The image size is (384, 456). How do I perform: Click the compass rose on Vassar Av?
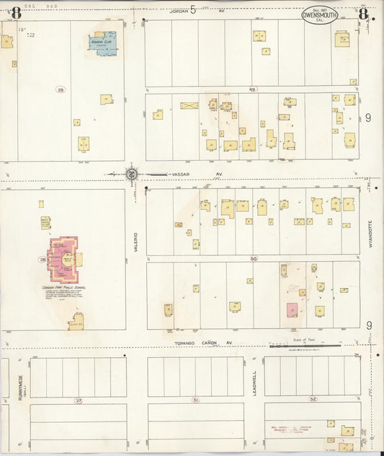pyautogui.click(x=132, y=174)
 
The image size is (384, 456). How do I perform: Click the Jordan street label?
pyautogui.click(x=178, y=11)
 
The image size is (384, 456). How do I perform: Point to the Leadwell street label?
pyautogui.click(x=254, y=380)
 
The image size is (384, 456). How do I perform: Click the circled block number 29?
pyautogui.click(x=61, y=89)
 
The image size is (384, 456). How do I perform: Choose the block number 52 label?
pyautogui.click(x=312, y=399)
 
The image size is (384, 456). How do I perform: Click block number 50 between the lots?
pyautogui.click(x=253, y=258)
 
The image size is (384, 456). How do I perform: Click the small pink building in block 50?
pyautogui.click(x=292, y=310)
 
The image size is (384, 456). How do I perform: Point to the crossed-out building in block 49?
pyautogui.click(x=189, y=105)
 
